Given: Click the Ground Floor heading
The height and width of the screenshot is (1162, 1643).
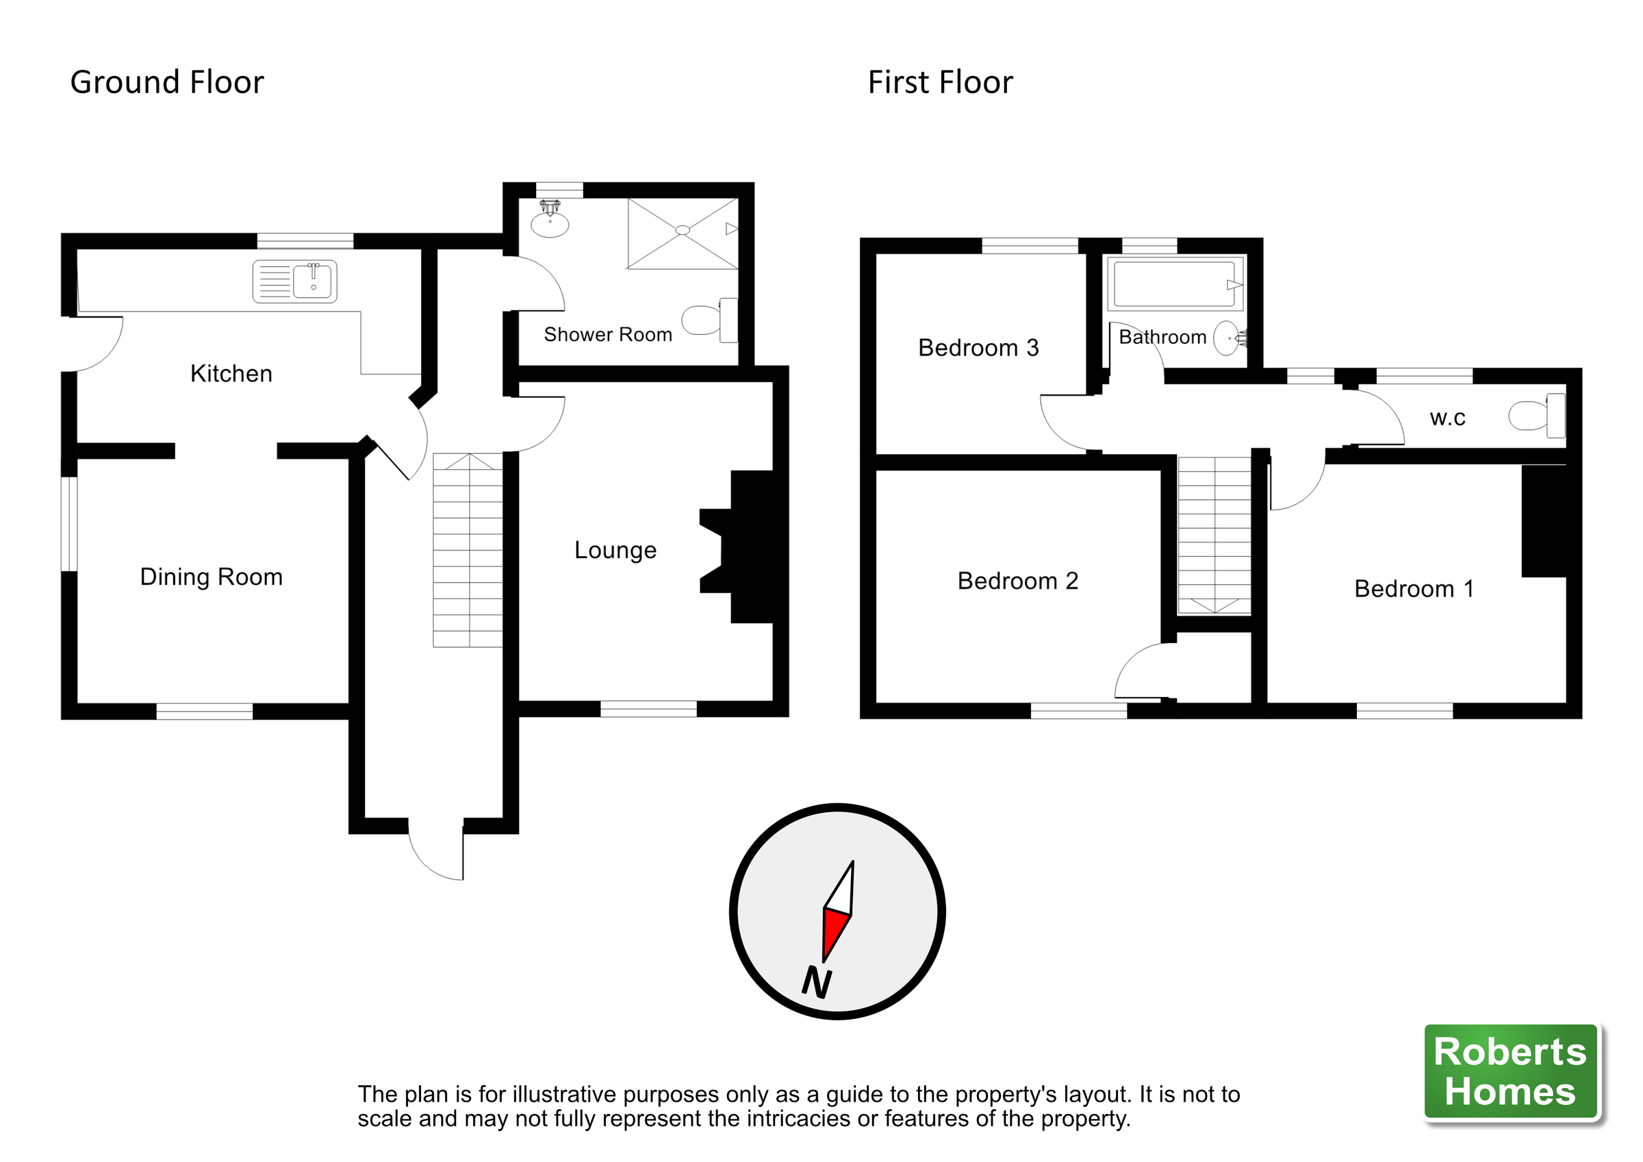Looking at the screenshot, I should [x=167, y=82].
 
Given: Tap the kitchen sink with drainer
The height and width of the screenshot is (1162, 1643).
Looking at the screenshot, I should [x=295, y=281].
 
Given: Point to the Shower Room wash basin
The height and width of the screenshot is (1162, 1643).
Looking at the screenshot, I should [x=550, y=223].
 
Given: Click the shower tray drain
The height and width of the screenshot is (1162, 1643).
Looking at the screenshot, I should [x=683, y=230].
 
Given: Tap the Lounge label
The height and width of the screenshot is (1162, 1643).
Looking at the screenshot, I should [x=615, y=550].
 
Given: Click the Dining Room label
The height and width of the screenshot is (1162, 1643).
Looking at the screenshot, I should [x=211, y=577].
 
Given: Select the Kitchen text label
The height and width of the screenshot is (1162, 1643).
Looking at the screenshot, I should [x=231, y=374].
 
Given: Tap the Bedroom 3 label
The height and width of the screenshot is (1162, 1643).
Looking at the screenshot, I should [x=978, y=348].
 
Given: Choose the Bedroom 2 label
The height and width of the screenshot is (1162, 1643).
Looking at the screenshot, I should [x=1017, y=581].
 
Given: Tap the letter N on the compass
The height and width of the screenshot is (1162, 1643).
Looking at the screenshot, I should [x=817, y=983].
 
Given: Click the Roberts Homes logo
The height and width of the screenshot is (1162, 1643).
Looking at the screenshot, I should [x=1511, y=1071].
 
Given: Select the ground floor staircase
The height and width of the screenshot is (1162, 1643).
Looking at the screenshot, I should [x=468, y=551].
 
